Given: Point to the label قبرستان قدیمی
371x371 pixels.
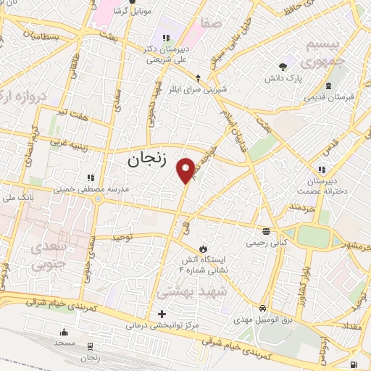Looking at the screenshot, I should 328,96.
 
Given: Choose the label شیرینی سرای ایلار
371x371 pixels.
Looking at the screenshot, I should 198,90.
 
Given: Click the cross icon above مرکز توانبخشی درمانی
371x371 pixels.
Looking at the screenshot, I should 161,314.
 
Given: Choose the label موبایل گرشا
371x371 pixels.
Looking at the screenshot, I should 132,12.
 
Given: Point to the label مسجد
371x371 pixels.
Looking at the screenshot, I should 63,343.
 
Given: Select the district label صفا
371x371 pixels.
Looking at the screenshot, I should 213,24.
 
